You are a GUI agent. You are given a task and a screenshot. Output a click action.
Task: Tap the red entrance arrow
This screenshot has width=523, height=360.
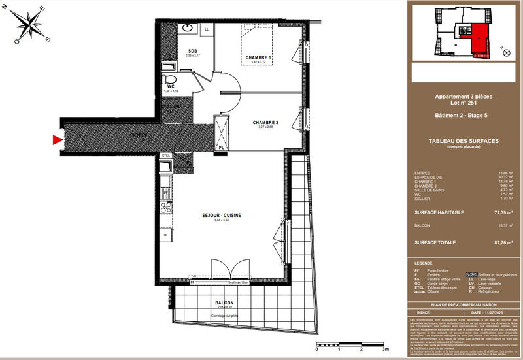[57, 139]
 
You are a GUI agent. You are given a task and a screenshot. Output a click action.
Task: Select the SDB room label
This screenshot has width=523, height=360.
[193, 51]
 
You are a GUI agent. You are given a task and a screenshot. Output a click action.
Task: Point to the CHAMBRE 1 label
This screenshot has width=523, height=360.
[259, 58]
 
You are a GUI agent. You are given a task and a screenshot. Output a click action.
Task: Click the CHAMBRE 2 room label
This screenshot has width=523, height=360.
[266, 123]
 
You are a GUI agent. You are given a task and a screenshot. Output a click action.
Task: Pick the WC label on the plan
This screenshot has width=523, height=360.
[169, 86]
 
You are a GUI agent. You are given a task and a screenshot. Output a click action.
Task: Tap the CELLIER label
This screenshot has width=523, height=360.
[171, 106]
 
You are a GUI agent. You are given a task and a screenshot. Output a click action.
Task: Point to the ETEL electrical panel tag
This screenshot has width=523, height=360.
[166, 155]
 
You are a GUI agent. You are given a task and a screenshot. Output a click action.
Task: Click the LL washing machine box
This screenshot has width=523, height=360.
[207, 29]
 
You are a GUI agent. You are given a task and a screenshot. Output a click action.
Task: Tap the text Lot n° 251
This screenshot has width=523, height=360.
[464, 103]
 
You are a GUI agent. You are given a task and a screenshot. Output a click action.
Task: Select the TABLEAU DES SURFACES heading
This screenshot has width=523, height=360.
[464, 141]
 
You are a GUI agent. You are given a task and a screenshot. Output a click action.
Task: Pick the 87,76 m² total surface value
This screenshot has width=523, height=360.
[502, 242]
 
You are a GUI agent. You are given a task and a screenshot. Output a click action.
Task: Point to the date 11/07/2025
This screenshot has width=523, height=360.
[486, 295]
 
